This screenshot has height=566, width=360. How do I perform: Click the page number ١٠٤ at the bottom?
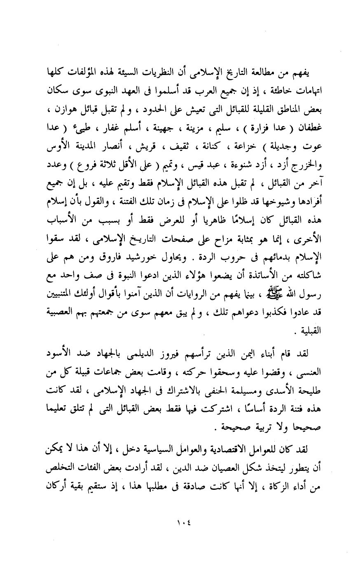pyautogui.click(x=180, y=524)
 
